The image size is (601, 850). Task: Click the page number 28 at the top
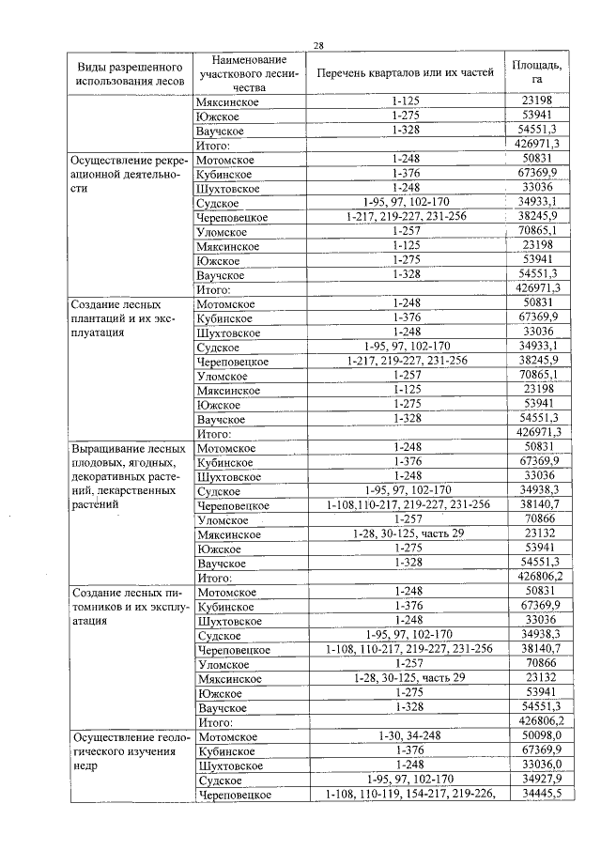(x=318, y=45)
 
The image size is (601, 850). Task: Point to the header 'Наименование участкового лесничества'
(x=249, y=72)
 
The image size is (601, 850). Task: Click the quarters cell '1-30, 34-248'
(x=408, y=737)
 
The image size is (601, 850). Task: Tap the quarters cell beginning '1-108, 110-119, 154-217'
(x=408, y=795)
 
